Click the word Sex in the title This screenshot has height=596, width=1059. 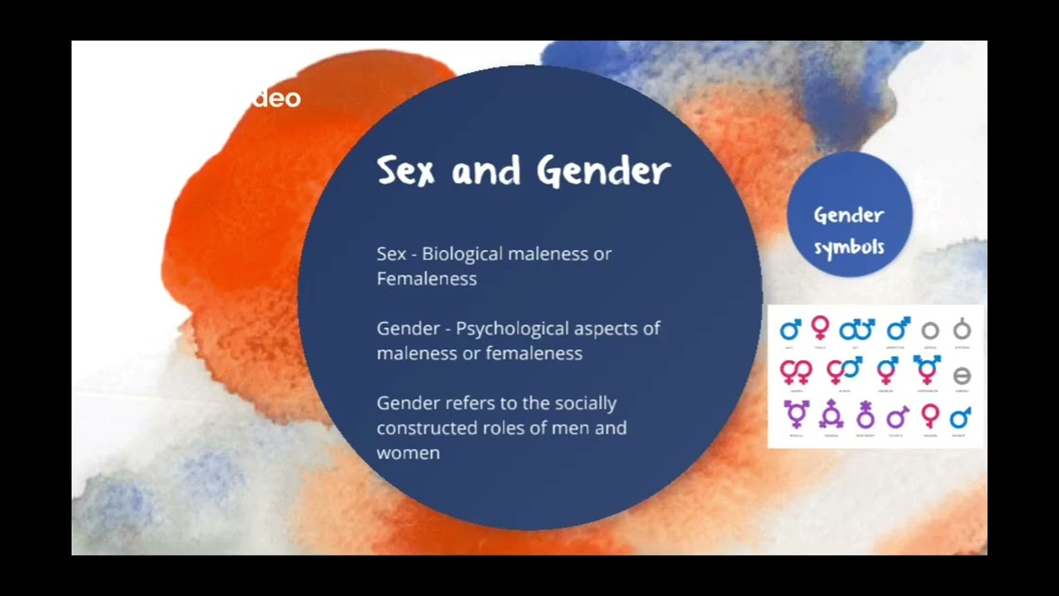tap(405, 171)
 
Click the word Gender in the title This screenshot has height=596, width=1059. tap(603, 171)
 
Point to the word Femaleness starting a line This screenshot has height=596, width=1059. tap(426, 279)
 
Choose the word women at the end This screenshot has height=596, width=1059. tap(408, 453)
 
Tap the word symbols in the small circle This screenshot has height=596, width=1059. tap(849, 247)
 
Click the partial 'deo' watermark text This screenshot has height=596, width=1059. tap(276, 99)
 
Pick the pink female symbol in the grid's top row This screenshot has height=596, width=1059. tap(820, 327)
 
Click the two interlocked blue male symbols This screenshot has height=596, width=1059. tap(856, 330)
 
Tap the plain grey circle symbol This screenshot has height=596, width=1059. tap(930, 330)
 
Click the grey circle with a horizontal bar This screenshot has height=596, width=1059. tap(961, 377)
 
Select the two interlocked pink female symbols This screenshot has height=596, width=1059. tap(796, 371)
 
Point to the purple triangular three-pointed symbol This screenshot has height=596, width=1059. tap(830, 413)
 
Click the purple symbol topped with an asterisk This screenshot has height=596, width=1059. tap(865, 413)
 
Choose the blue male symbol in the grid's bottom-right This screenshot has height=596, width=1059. tap(961, 416)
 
